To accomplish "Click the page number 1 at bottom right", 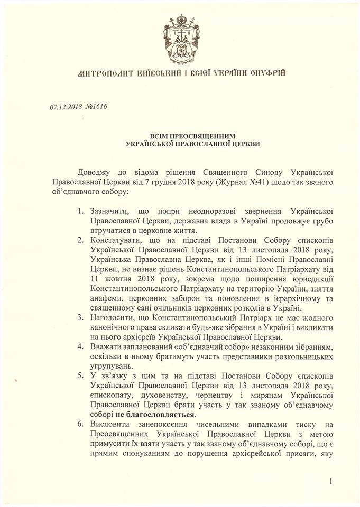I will coord(331,481).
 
